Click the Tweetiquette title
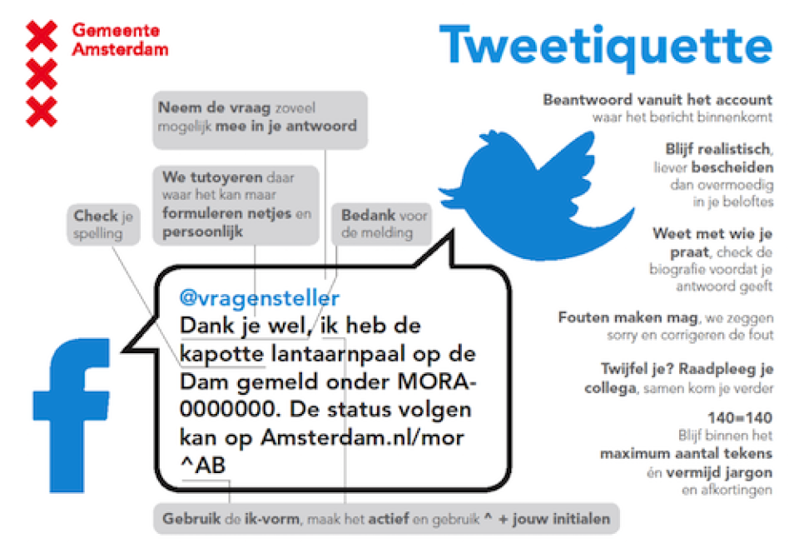(x=605, y=46)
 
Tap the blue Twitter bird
(x=541, y=179)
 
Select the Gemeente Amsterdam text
(x=120, y=39)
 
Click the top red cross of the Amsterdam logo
(x=42, y=36)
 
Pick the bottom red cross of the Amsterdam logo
(x=42, y=112)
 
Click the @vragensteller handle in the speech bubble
(x=260, y=298)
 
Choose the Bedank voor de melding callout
(x=384, y=223)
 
